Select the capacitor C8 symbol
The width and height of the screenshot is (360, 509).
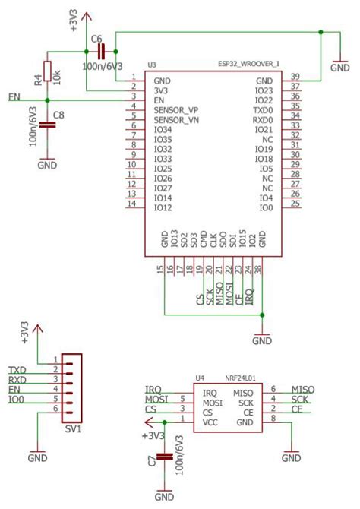point(47,125)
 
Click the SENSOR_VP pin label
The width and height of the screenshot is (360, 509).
point(176,109)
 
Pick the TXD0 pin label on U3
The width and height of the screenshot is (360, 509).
point(263,109)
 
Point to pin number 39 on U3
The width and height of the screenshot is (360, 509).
point(295,77)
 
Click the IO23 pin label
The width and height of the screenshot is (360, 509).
point(264,90)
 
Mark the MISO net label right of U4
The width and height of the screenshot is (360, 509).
point(302,390)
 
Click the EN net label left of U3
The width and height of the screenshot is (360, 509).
point(14,96)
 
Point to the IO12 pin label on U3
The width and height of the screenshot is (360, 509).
point(163,207)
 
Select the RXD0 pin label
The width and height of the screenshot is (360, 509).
point(263,119)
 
